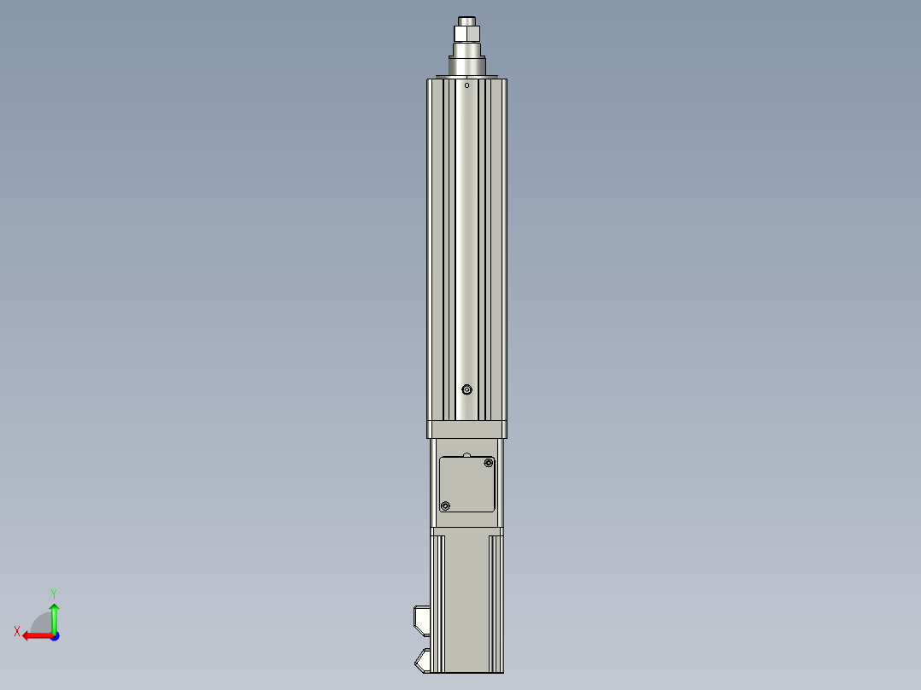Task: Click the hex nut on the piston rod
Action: click(x=467, y=34)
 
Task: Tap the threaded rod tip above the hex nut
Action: click(x=467, y=20)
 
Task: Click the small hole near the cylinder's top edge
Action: click(x=466, y=85)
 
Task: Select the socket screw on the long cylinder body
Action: click(x=466, y=390)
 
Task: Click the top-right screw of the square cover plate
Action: click(x=489, y=464)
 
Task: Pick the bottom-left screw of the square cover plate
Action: click(x=445, y=506)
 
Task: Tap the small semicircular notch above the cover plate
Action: click(x=466, y=454)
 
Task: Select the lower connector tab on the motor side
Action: click(x=422, y=660)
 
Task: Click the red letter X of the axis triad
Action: click(x=17, y=632)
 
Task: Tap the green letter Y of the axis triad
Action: click(x=53, y=593)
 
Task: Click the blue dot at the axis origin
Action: click(x=54, y=635)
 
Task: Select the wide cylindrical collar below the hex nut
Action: click(x=467, y=64)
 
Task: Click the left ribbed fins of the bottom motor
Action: click(x=437, y=602)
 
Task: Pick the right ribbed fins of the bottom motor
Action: click(x=496, y=602)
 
